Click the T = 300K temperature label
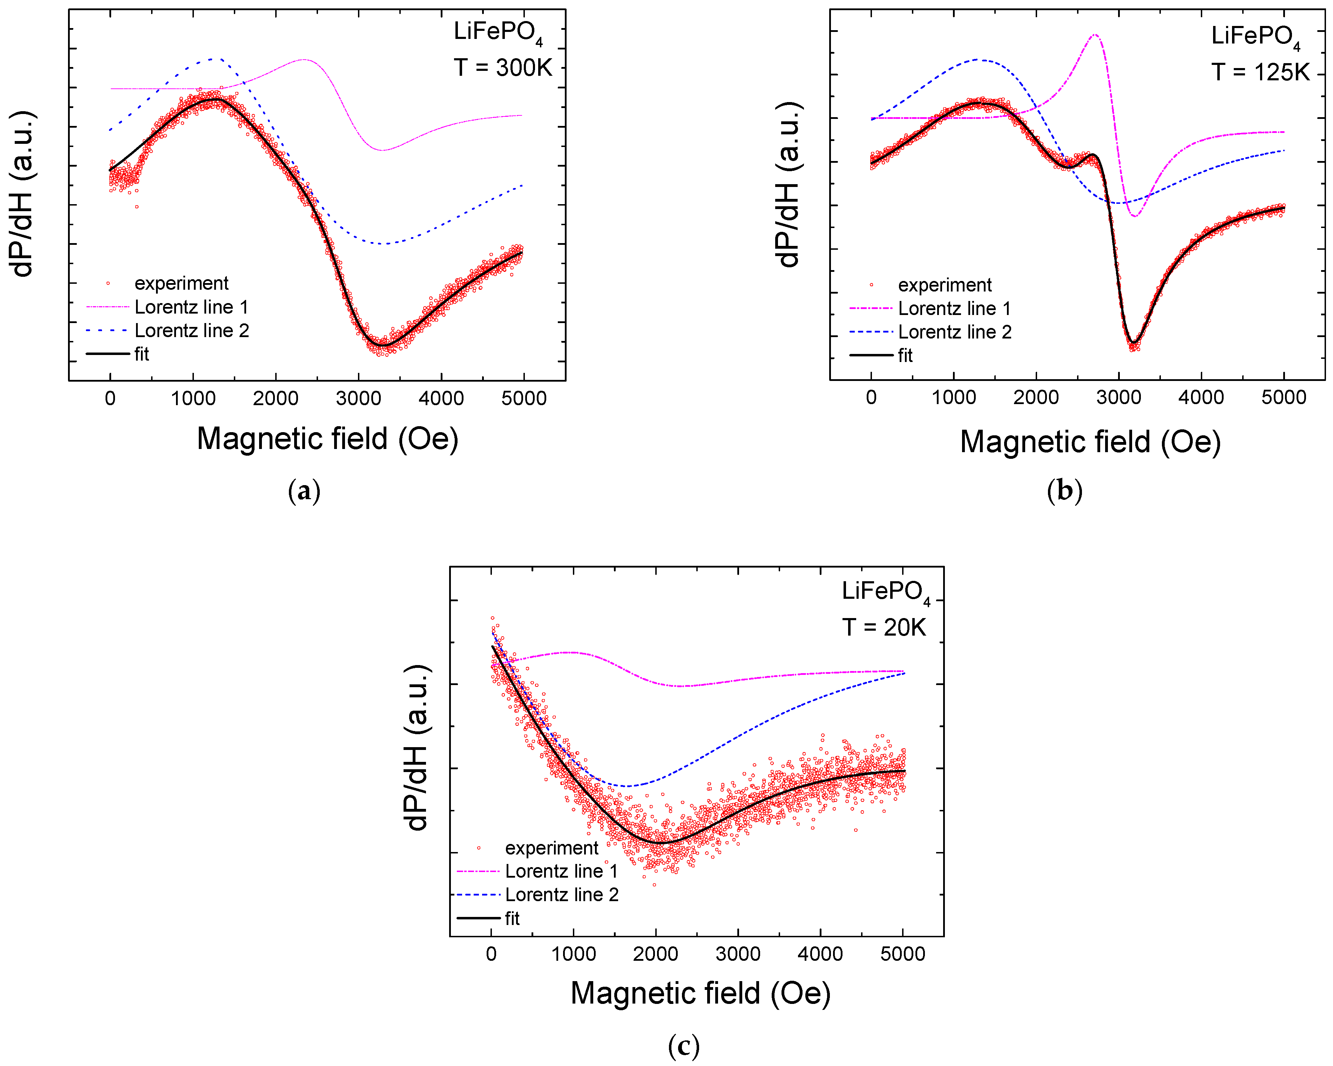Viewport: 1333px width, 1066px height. (x=502, y=67)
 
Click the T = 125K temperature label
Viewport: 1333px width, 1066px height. (x=1259, y=72)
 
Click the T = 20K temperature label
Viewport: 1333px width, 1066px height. (x=884, y=627)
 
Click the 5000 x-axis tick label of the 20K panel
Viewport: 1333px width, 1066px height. (x=903, y=954)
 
